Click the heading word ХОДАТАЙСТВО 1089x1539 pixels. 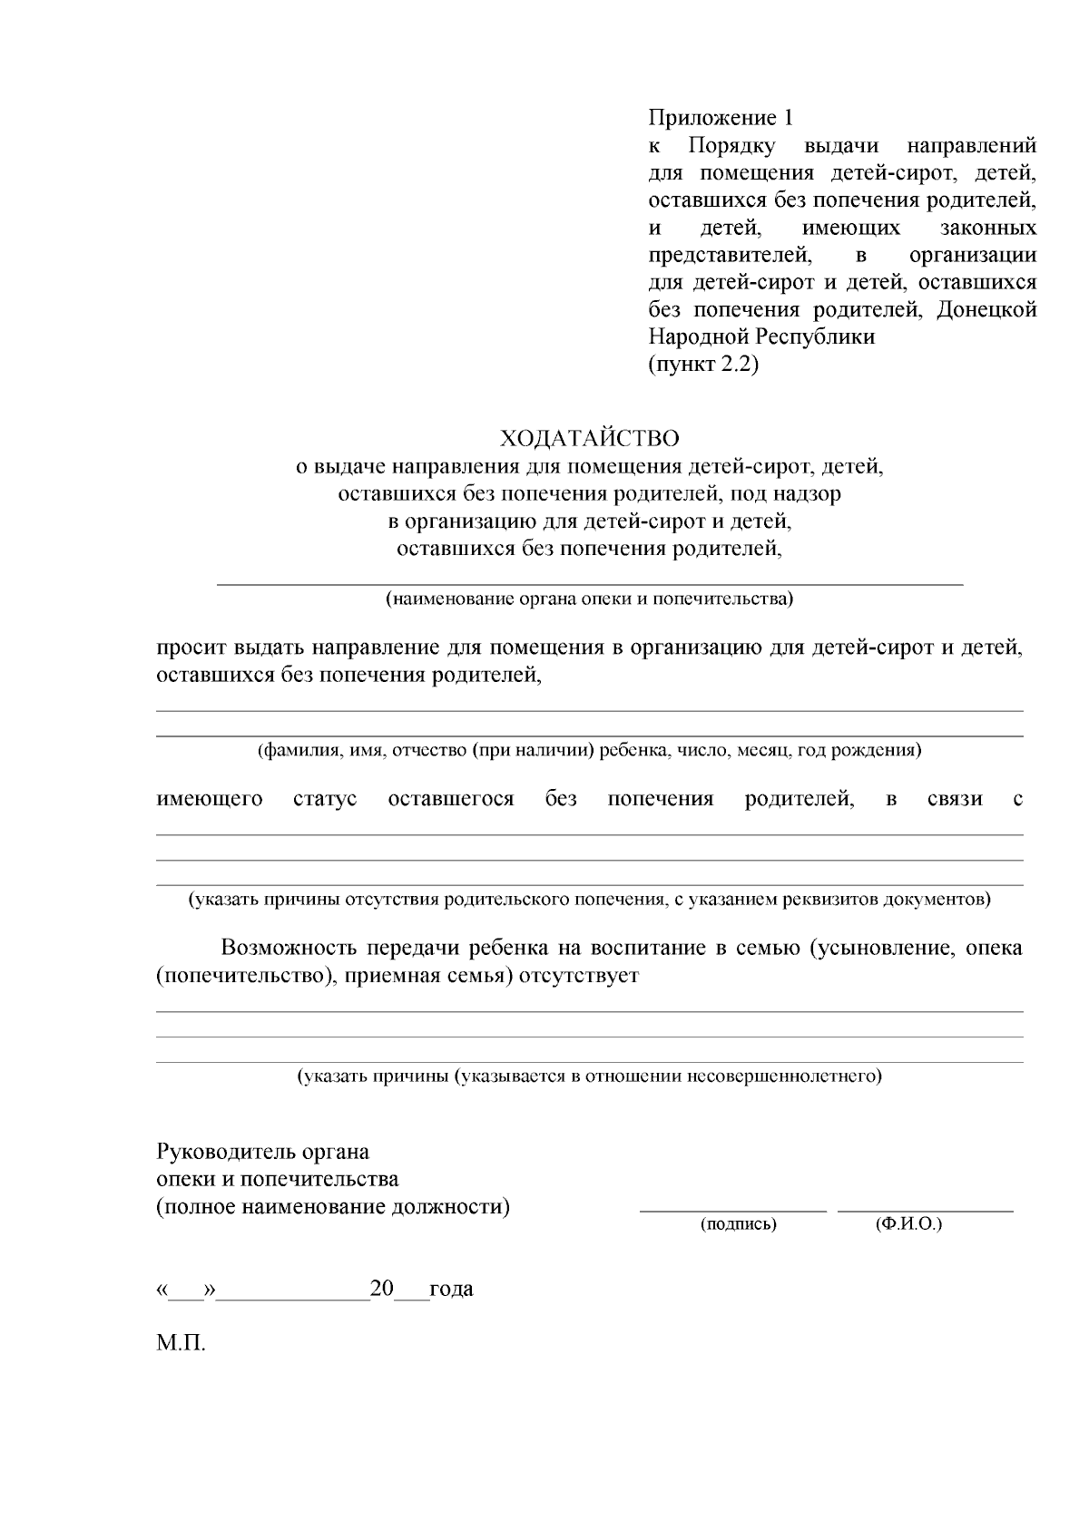click(589, 439)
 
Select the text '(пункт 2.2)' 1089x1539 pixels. click(702, 365)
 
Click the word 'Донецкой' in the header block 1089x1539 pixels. click(986, 310)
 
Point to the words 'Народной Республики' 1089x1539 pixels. click(761, 337)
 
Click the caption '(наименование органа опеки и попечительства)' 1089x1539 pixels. click(589, 599)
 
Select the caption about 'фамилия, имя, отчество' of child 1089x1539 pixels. click(589, 751)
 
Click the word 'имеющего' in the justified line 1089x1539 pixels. click(210, 799)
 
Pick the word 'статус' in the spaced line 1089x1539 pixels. click(325, 799)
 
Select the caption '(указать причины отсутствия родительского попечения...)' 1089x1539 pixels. click(589, 900)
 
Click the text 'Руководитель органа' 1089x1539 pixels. click(263, 1152)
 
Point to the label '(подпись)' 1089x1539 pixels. click(738, 1224)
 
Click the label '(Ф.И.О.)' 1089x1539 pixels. click(908, 1223)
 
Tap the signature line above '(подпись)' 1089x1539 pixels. click(733, 1210)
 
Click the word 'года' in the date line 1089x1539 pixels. click(451, 1289)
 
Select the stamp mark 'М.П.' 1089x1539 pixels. click(181, 1342)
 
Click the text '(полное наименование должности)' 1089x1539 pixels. click(333, 1207)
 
